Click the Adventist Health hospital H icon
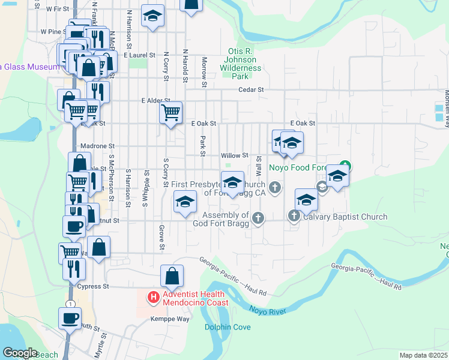[x=154, y=297]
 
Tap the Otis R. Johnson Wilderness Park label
[x=241, y=64]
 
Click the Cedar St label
[x=252, y=89]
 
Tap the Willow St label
[x=235, y=155]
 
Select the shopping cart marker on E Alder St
[x=171, y=112]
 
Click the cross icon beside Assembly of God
[x=258, y=218]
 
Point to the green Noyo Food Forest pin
[x=345, y=166]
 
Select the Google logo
[x=20, y=353]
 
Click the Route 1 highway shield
[x=70, y=304]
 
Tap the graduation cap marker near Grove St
[x=185, y=202]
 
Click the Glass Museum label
[x=29, y=67]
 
